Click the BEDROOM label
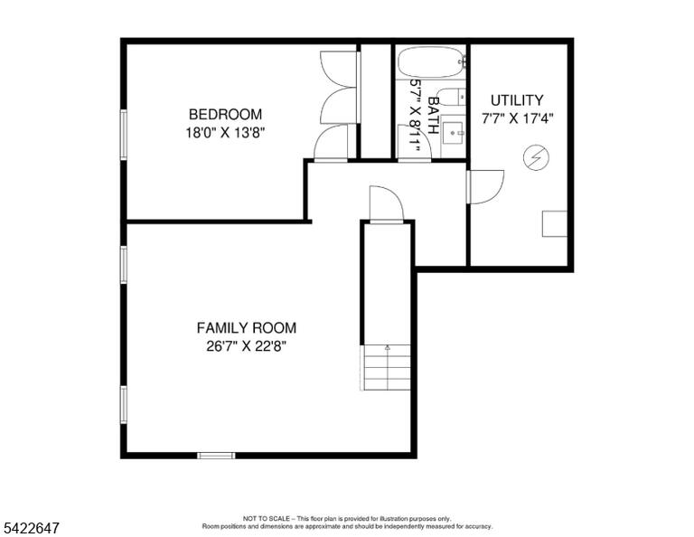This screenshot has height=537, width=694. [225, 114]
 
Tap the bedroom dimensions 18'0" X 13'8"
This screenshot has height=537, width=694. [225, 133]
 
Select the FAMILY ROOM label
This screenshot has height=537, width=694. [247, 328]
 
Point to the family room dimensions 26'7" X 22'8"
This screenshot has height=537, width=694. [247, 345]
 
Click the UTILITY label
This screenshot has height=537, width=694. [517, 100]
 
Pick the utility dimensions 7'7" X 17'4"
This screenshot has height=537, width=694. [518, 118]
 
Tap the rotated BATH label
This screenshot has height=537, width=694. [434, 116]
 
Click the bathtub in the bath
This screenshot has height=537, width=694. [432, 62]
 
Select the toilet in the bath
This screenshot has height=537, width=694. [452, 97]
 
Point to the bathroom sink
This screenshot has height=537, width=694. [453, 132]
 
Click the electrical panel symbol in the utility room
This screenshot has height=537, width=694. [536, 158]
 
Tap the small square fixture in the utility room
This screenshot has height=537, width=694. [555, 223]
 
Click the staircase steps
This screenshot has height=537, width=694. [387, 368]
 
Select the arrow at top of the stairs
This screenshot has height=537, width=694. [388, 347]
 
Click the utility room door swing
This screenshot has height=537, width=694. [485, 187]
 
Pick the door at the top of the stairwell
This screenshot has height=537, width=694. [387, 204]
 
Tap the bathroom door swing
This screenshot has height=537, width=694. [415, 142]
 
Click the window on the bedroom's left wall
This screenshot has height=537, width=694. [124, 135]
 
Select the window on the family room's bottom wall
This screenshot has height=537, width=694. [217, 456]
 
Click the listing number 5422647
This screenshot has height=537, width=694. [32, 528]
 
